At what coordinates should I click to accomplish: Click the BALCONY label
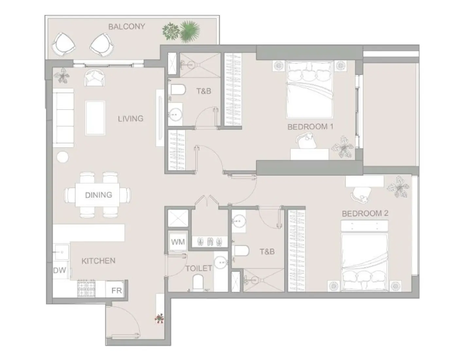tap(127, 27)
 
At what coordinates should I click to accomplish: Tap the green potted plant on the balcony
tap(181, 31)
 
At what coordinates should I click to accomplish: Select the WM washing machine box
tap(178, 242)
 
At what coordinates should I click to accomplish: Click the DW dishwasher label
tap(60, 270)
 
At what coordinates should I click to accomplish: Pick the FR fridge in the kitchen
tap(116, 290)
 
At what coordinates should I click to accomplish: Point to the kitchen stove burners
tap(86, 288)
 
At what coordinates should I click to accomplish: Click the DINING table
tap(98, 195)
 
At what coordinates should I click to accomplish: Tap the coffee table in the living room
tap(95, 118)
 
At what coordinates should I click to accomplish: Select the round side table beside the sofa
tap(62, 157)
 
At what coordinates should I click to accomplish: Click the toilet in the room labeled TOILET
tap(198, 282)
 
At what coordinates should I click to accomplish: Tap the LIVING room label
tap(131, 118)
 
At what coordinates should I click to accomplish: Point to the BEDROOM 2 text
tap(365, 214)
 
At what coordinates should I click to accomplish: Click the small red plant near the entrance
tap(159, 318)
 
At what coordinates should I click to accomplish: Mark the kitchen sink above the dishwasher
tap(61, 252)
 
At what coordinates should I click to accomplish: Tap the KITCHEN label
tap(98, 261)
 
